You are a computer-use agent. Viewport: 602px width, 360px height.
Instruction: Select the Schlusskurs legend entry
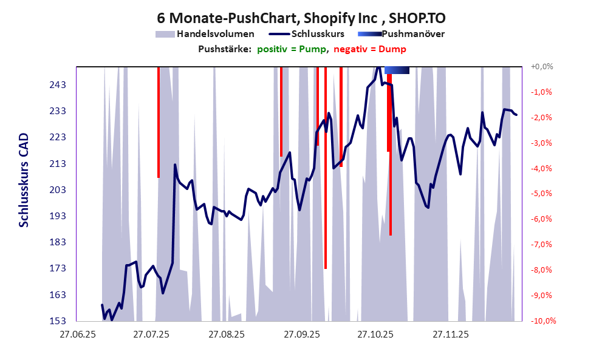coord(318,34)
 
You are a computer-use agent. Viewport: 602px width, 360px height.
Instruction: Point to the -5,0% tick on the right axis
coord(542,194)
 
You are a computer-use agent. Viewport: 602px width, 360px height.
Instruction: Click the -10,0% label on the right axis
coord(542,321)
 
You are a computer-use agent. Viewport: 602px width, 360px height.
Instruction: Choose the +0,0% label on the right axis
coord(542,67)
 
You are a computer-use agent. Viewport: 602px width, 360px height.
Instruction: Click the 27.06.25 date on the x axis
coord(77,335)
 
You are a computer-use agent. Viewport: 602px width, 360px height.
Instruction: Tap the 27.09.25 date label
coord(301,335)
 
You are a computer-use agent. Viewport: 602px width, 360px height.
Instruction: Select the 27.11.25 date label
coord(450,335)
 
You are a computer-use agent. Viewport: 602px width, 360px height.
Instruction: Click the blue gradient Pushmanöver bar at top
coord(397,70)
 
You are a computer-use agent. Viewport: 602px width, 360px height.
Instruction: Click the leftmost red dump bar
coord(159,121)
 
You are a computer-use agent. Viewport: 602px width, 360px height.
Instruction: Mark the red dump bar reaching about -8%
coord(326,182)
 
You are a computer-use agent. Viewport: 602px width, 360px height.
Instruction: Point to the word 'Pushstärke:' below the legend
coord(225,49)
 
